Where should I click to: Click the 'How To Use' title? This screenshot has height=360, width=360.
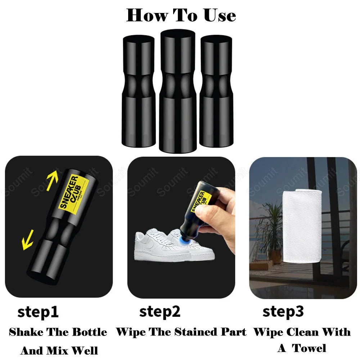coord(181,15)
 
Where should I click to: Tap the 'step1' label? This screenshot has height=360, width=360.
coord(38,312)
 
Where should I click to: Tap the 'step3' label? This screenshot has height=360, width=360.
coord(283,311)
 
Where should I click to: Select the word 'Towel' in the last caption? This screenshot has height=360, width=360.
coord(309,348)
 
